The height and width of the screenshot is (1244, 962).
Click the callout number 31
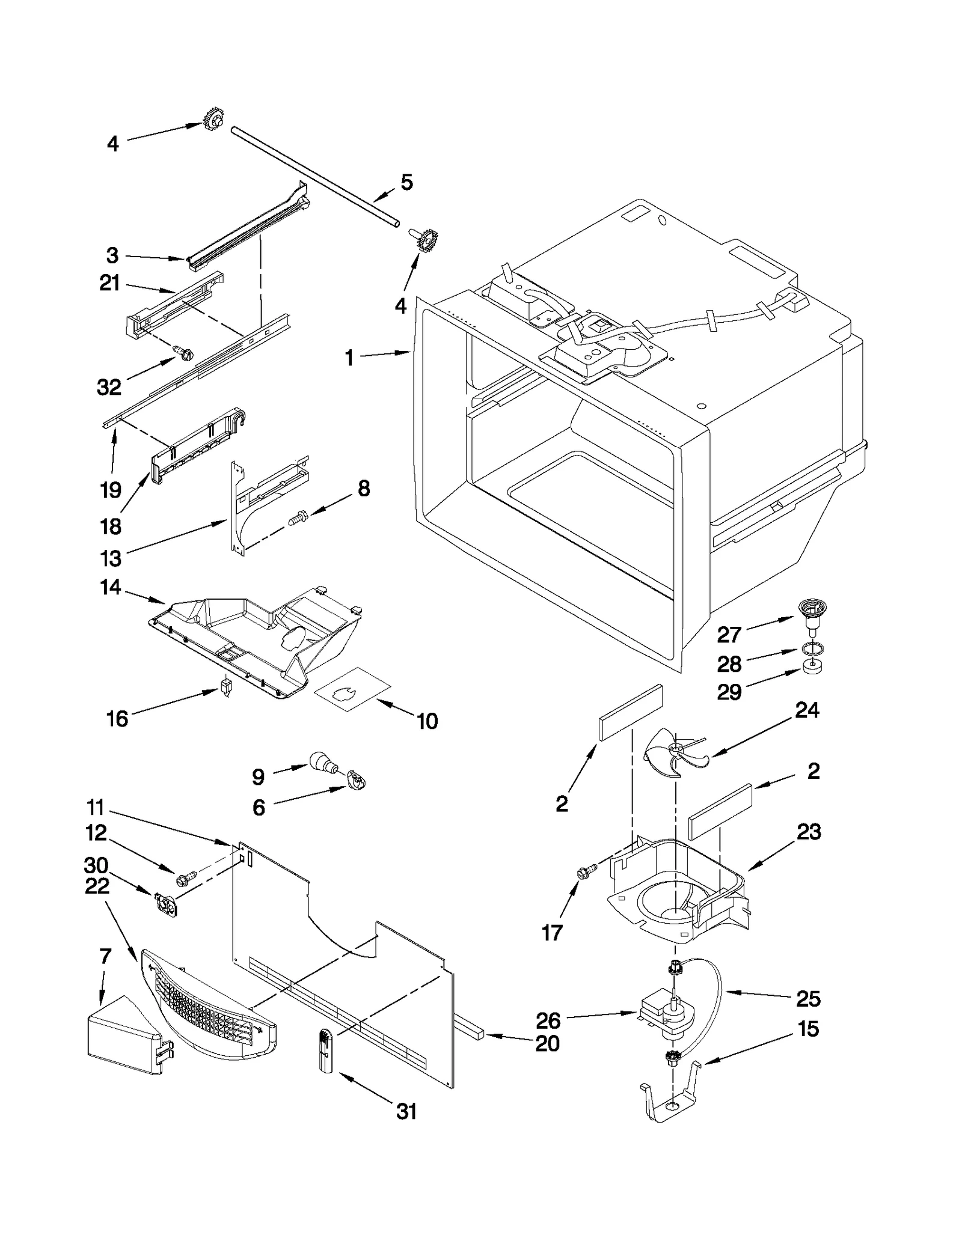tap(407, 1111)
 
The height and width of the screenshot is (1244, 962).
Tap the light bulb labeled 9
tap(323, 763)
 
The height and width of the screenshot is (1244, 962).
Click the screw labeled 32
tap(183, 353)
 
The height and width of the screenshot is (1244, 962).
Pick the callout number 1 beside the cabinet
tap(349, 358)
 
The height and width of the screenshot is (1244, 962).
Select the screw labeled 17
tap(586, 871)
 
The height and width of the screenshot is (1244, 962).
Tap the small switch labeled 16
tap(227, 686)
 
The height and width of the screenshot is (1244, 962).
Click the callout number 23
tap(809, 832)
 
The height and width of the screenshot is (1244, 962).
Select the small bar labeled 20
tap(470, 1033)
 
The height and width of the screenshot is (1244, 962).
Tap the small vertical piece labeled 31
tap(325, 1049)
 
